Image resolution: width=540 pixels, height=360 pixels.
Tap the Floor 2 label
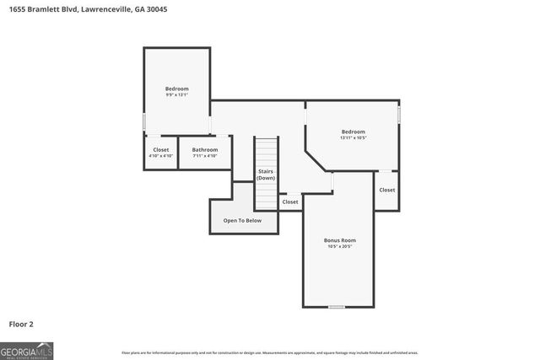pyautogui.click(x=21, y=323)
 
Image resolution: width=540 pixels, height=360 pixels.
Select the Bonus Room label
pyautogui.click(x=339, y=239)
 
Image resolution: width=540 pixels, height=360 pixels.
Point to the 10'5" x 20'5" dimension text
pyautogui.click(x=339, y=246)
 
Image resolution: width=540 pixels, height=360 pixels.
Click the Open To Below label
pyautogui.click(x=242, y=220)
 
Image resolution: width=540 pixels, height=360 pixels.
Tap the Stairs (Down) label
pyautogui.click(x=266, y=175)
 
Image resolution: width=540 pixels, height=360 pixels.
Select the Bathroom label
pyautogui.click(x=205, y=149)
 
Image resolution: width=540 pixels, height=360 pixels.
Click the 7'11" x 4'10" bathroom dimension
pyautogui.click(x=205, y=156)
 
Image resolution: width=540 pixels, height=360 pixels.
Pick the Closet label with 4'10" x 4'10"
pyautogui.click(x=160, y=149)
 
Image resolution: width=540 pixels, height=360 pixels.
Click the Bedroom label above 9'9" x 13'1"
pyautogui.click(x=176, y=89)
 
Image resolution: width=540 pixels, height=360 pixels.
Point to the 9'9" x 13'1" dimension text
pyautogui.click(x=176, y=95)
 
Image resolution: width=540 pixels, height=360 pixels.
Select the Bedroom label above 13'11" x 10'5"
pyautogui.click(x=353, y=131)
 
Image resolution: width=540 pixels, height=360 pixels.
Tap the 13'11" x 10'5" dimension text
pyautogui.click(x=353, y=137)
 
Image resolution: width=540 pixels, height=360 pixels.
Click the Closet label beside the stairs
pyautogui.click(x=289, y=201)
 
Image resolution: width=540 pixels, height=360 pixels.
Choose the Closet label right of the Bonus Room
pyautogui.click(x=386, y=190)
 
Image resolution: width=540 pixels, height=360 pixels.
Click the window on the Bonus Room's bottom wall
pyautogui.click(x=337, y=308)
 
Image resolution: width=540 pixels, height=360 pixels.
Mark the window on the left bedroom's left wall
pyautogui.click(x=143, y=121)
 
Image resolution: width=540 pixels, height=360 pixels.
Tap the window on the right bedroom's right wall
pyautogui.click(x=399, y=112)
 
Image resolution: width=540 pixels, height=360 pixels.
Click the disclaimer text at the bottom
pyautogui.click(x=269, y=352)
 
